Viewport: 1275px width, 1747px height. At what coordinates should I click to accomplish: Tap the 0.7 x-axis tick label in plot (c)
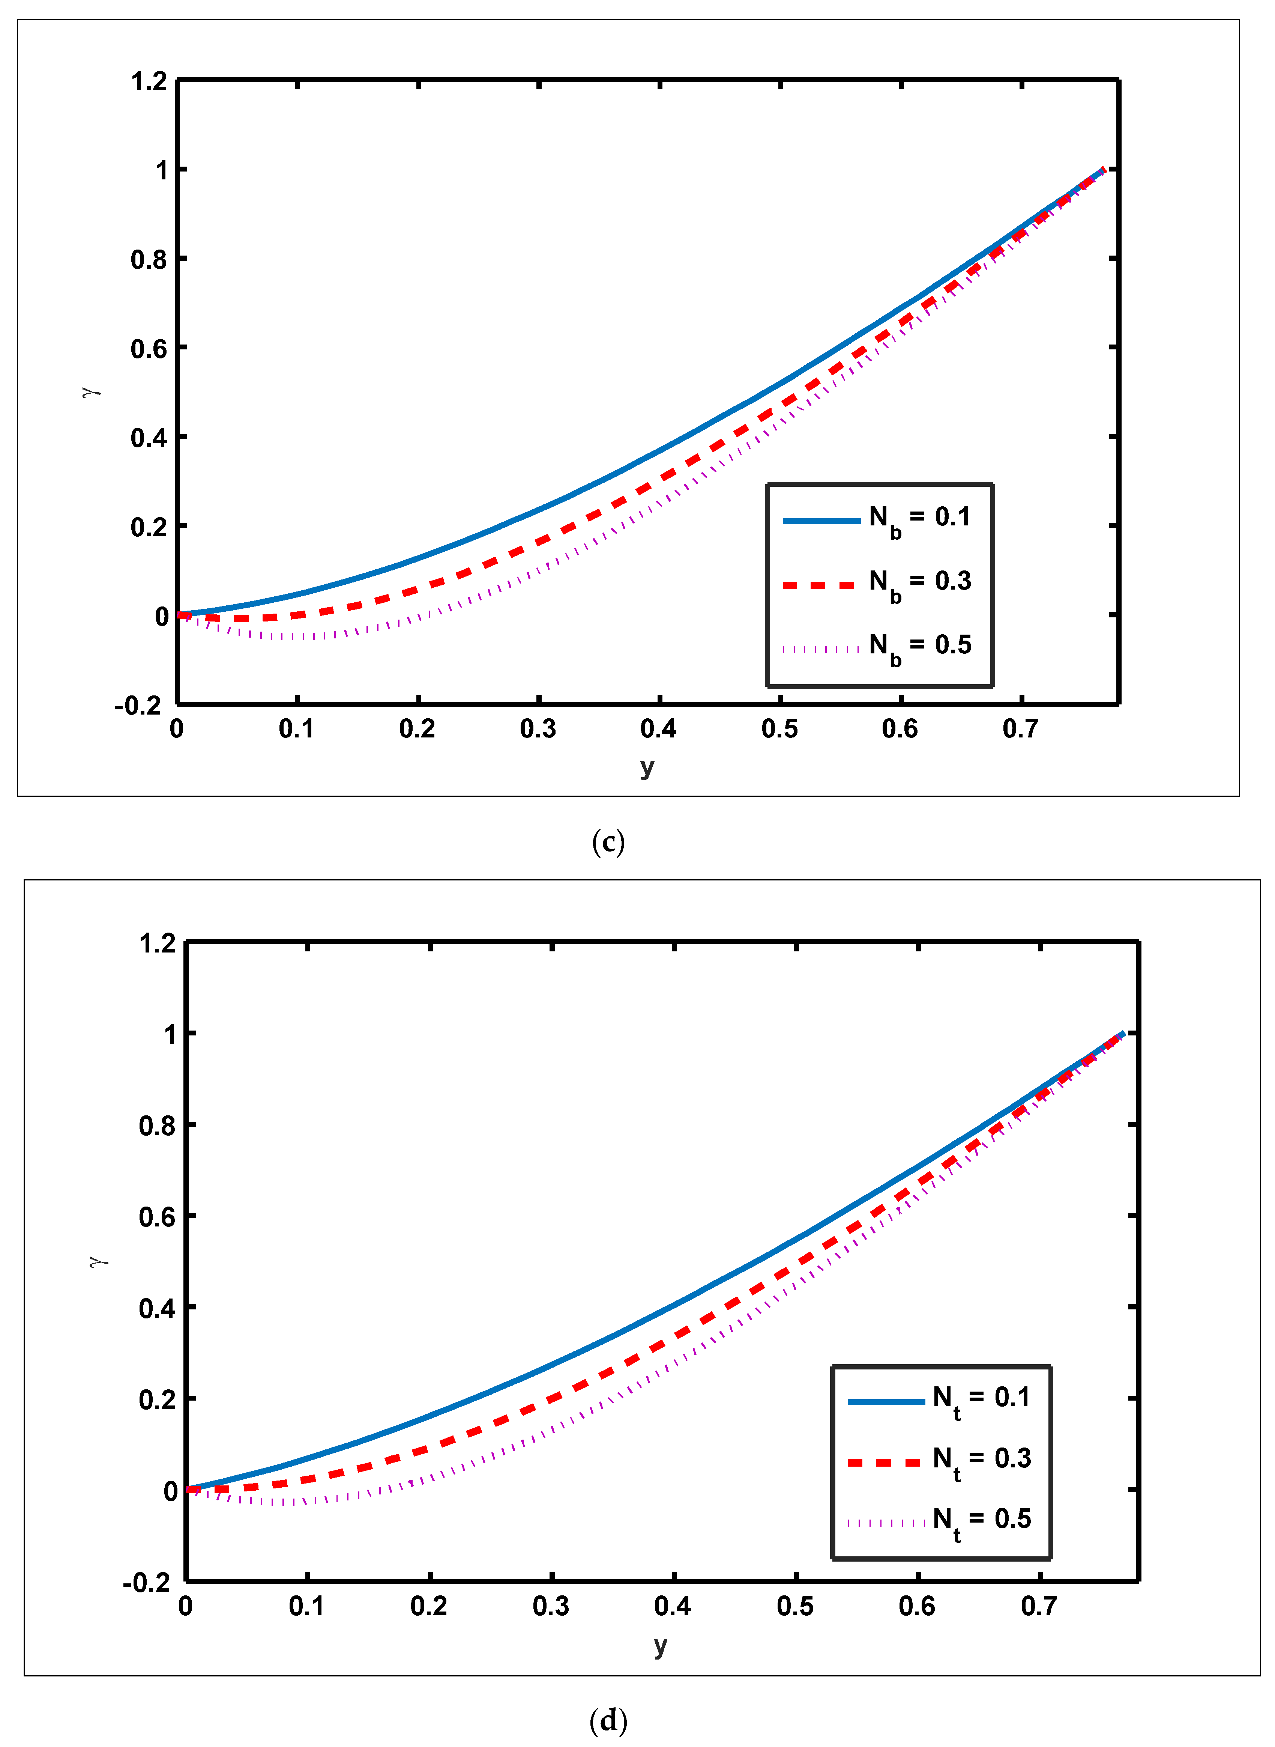click(1020, 729)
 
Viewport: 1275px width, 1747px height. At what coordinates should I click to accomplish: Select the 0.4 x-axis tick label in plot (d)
click(673, 1607)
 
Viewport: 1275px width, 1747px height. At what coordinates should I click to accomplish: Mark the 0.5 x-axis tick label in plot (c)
click(779, 729)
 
